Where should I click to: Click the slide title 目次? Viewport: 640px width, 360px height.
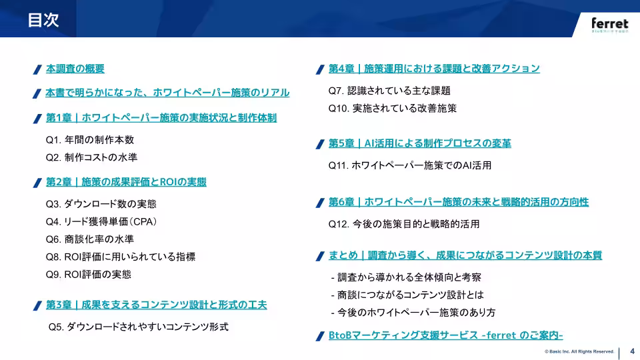tap(43, 21)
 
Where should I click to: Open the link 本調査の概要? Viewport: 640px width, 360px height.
tap(75, 69)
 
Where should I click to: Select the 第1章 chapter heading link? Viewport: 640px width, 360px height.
tap(161, 118)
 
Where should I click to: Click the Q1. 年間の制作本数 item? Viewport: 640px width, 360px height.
tap(90, 140)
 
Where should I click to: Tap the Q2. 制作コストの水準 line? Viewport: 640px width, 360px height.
tap(91, 157)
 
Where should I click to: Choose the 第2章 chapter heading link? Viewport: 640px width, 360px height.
tap(126, 182)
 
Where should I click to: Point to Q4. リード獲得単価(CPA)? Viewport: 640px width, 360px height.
tap(101, 221)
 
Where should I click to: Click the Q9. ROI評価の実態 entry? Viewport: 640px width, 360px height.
tap(89, 274)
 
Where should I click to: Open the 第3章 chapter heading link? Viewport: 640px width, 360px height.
tap(156, 305)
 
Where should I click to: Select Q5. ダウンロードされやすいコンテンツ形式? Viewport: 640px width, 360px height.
tap(139, 327)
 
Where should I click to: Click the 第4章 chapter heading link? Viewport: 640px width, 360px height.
tap(434, 69)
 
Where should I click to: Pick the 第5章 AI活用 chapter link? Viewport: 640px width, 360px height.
tap(420, 144)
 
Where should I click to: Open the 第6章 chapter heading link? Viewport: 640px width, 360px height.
tap(459, 202)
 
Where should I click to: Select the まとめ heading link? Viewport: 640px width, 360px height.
tap(465, 255)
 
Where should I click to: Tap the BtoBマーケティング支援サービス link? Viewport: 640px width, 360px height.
tap(446, 335)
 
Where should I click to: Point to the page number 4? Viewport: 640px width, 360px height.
tap(631, 352)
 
